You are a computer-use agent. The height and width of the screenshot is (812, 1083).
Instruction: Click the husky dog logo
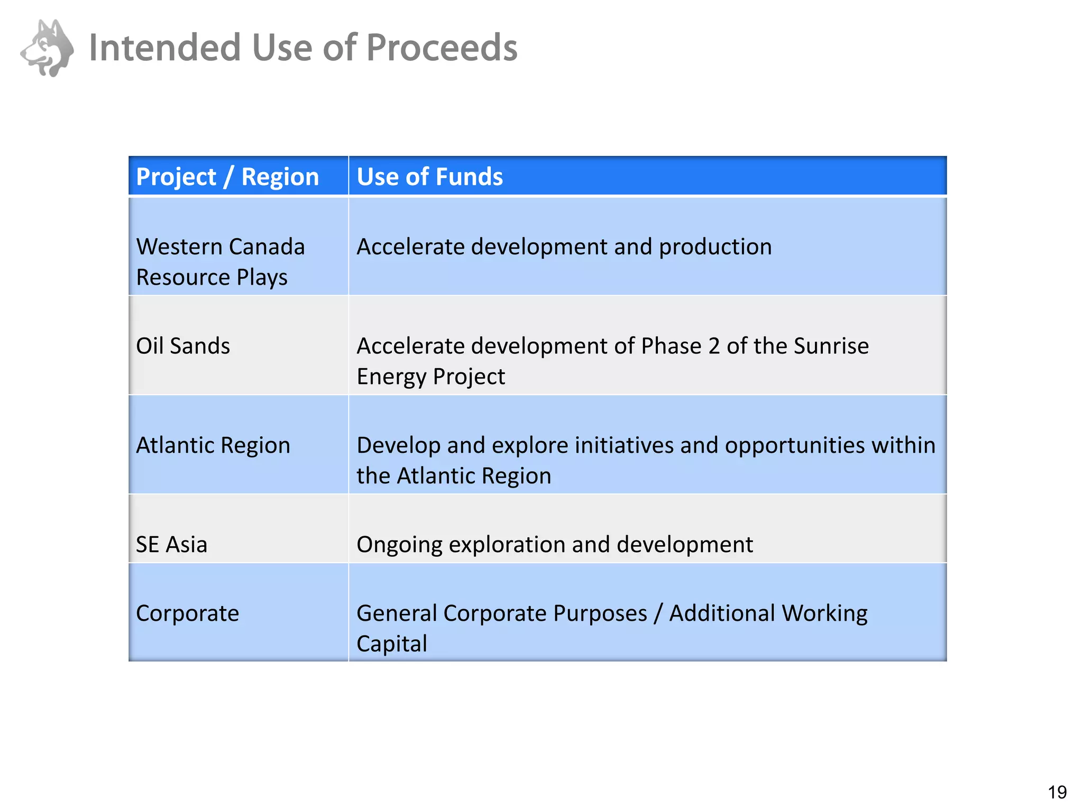(x=48, y=48)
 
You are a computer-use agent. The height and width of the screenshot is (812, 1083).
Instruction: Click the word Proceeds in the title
(x=442, y=48)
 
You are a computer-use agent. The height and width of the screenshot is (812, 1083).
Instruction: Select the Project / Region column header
(x=227, y=176)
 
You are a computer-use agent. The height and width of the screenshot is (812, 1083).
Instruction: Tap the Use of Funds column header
(x=429, y=176)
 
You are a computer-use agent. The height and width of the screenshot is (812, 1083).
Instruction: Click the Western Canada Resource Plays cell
(x=220, y=262)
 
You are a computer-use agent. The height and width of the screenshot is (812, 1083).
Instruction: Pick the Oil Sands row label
(x=183, y=346)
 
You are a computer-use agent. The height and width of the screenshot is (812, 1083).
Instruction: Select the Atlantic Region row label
(x=213, y=445)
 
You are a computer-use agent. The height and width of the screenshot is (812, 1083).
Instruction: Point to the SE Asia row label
(x=171, y=545)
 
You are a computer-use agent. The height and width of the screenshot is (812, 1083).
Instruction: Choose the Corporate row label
(x=187, y=613)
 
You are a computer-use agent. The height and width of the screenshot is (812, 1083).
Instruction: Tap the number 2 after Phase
(x=713, y=346)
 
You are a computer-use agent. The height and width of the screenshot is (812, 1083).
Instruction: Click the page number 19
(x=1057, y=792)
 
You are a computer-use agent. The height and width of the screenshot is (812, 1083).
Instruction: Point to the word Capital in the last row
(x=392, y=644)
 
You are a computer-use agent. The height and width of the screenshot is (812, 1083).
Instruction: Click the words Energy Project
(x=430, y=377)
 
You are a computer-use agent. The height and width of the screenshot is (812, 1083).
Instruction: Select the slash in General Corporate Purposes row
(x=658, y=613)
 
